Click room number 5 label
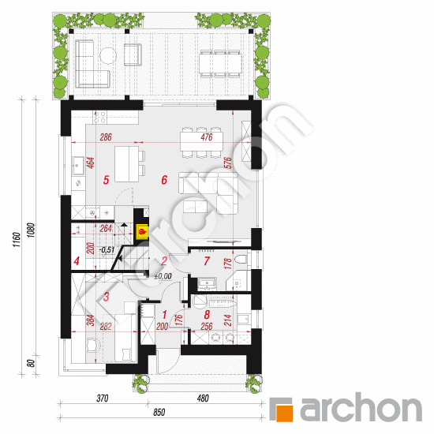coord(106,180)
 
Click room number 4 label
coord(77,261)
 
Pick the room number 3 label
coord(107,297)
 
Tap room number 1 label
coord(163,315)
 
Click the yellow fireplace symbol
coord(143,231)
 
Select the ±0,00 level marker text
coord(162,276)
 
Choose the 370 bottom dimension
coord(102,399)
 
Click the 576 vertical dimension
coord(228,164)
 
